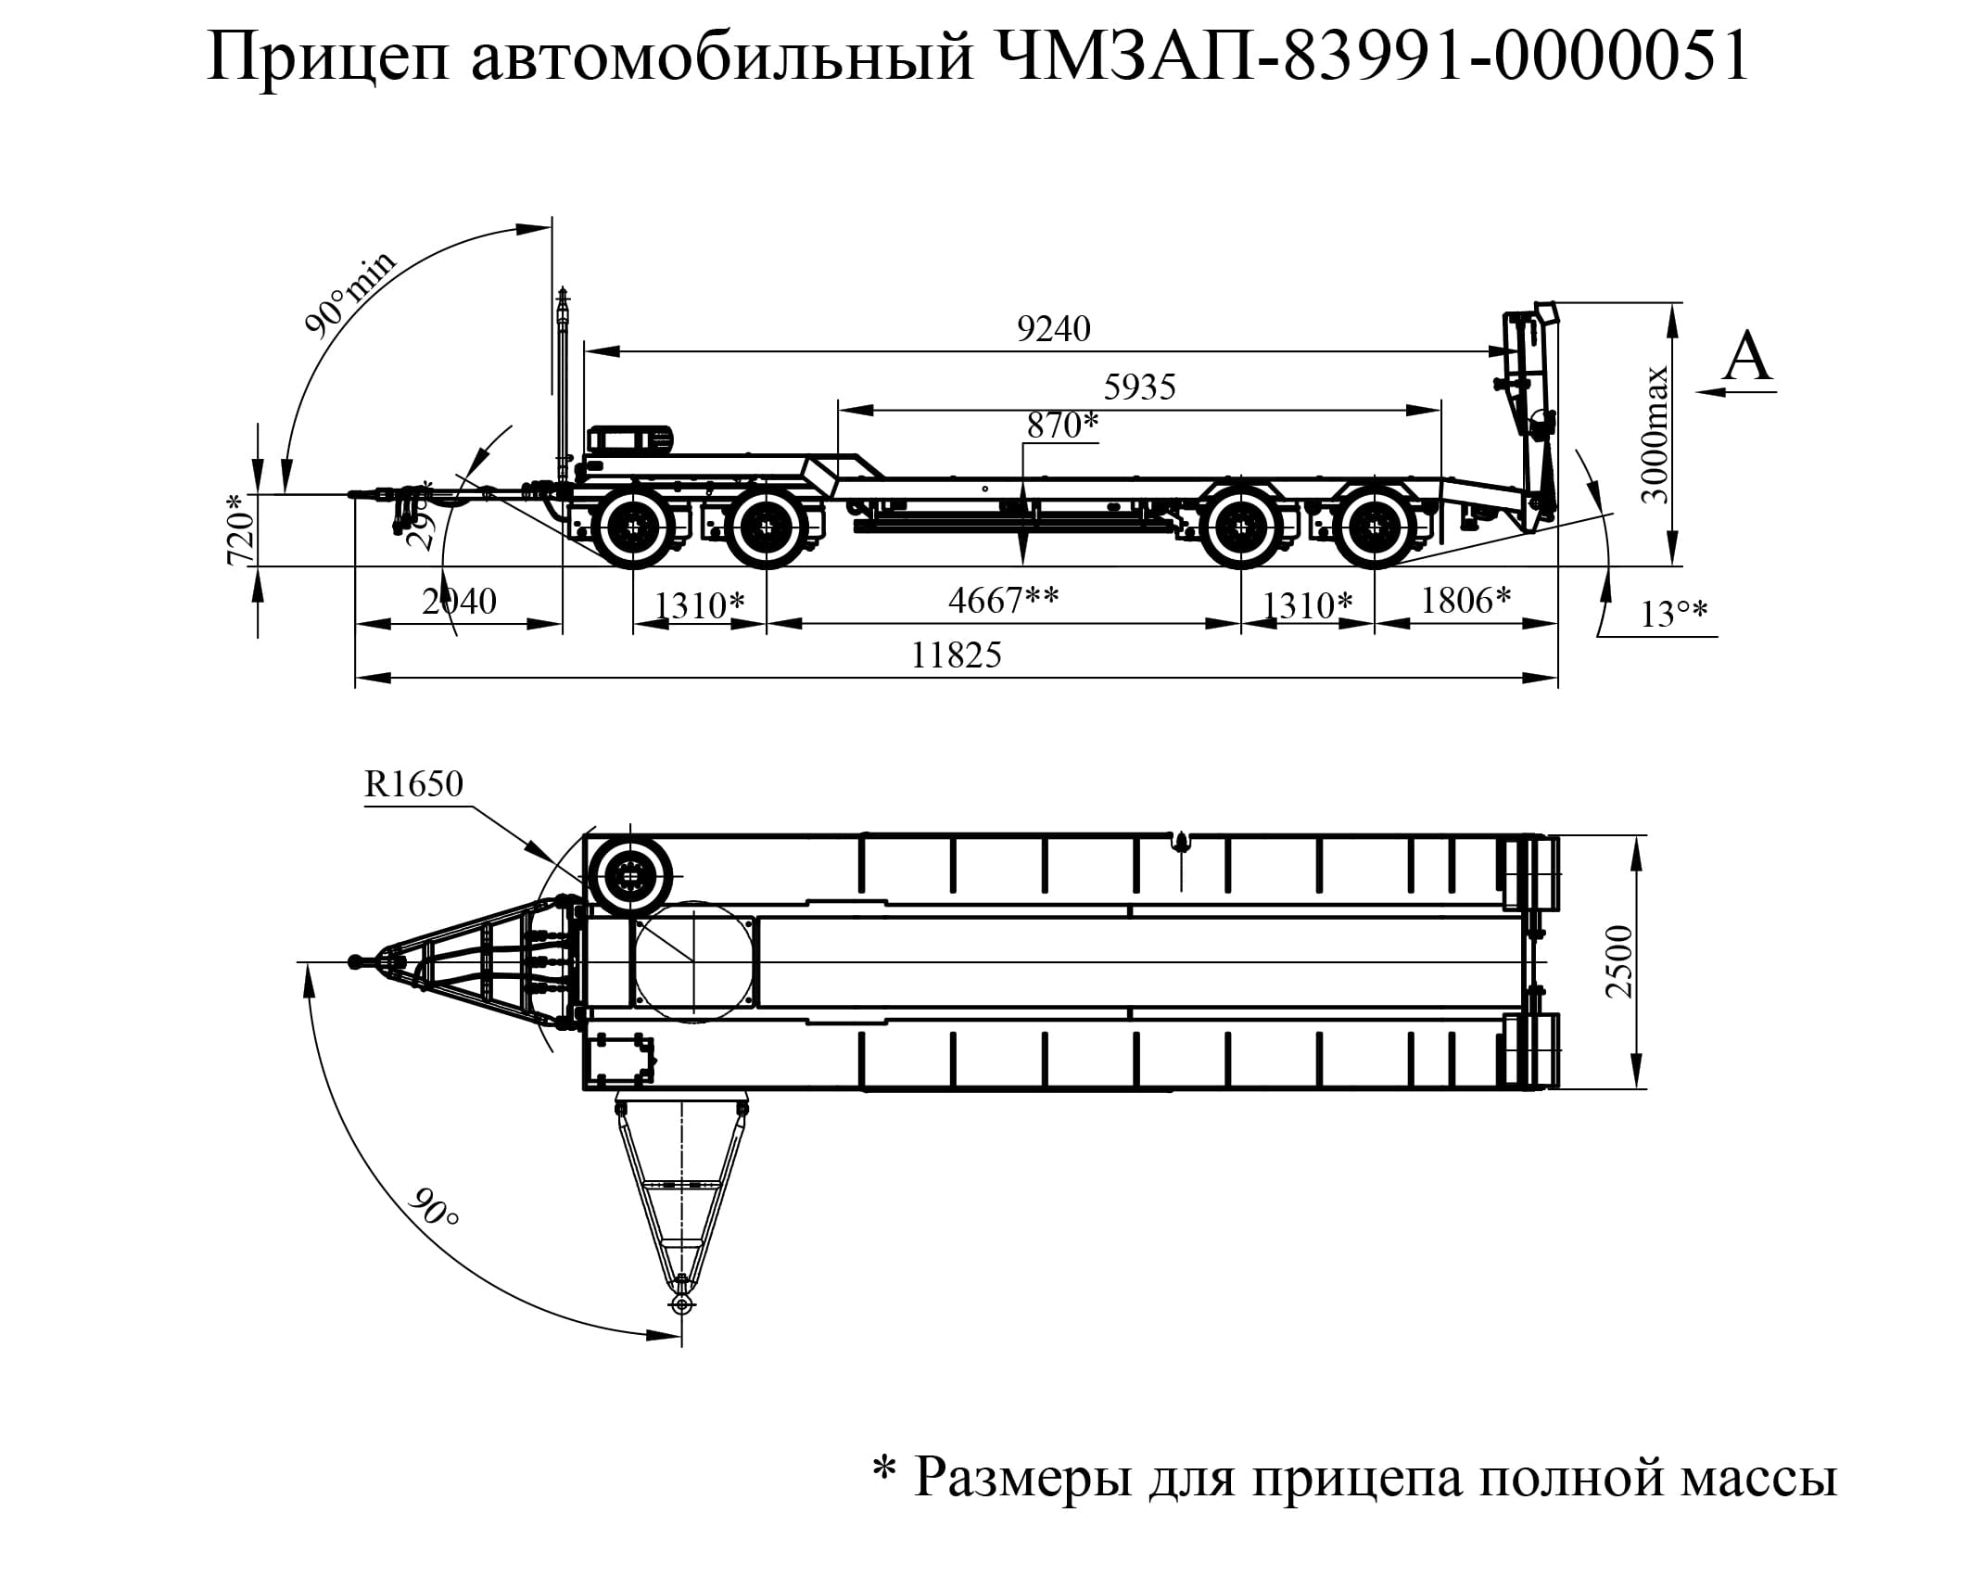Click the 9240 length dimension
coord(1053,329)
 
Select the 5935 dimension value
coord(1139,387)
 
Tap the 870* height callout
coord(1061,426)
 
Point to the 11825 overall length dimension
coord(956,655)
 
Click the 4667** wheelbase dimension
coord(1002,601)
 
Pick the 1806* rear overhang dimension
coord(1465,601)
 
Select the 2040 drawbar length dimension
coord(459,602)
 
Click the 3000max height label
coord(1655,435)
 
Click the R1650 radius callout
coord(413,784)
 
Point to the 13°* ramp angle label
coord(1674,615)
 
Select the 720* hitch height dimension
coord(240,529)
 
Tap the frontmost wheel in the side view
coord(634,527)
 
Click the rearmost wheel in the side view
coord(1373,527)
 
